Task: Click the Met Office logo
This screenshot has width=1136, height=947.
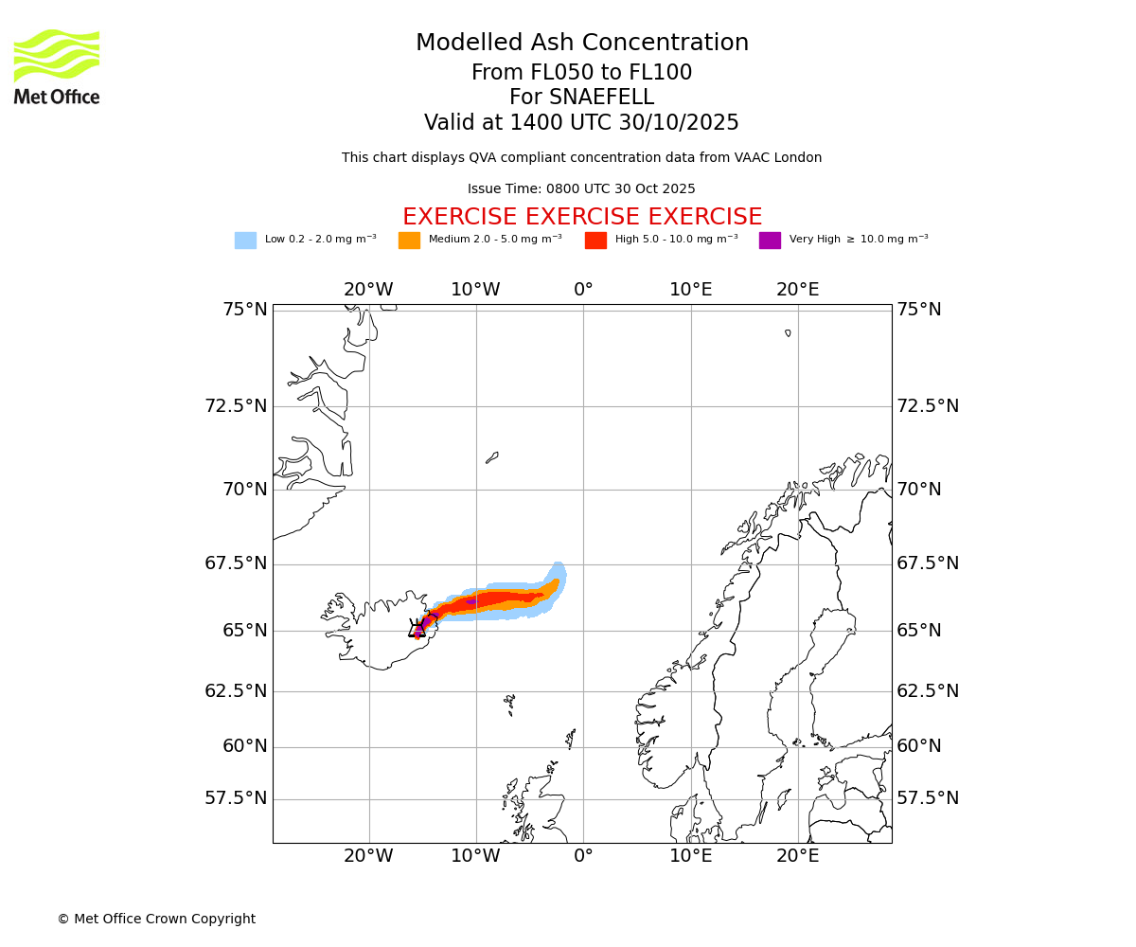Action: pyautogui.click(x=57, y=66)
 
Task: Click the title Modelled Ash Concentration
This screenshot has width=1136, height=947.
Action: pyautogui.click(x=581, y=43)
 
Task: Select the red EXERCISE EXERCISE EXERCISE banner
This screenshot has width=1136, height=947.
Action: pyautogui.click(x=581, y=217)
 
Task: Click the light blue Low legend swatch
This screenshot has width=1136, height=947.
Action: pyautogui.click(x=245, y=241)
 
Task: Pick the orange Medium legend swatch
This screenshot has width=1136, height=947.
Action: pyautogui.click(x=409, y=241)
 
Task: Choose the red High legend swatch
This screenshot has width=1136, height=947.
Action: pyautogui.click(x=595, y=241)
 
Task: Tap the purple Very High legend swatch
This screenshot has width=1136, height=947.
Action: pyautogui.click(x=770, y=241)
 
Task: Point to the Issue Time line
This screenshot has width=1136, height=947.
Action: pyautogui.click(x=581, y=188)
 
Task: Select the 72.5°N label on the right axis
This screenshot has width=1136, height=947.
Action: pyautogui.click(x=928, y=406)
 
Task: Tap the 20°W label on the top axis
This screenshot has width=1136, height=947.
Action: pyautogui.click(x=368, y=290)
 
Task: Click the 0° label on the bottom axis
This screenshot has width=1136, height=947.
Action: pyautogui.click(x=583, y=857)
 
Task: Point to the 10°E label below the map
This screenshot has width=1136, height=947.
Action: pyautogui.click(x=691, y=857)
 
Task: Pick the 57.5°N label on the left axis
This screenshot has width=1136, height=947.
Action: pyautogui.click(x=236, y=798)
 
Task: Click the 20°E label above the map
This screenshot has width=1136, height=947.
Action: pyautogui.click(x=798, y=290)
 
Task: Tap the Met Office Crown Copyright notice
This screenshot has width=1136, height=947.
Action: pyautogui.click(x=156, y=919)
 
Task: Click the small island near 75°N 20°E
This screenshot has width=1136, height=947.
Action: pyautogui.click(x=788, y=332)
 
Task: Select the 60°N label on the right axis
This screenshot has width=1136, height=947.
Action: pyautogui.click(x=919, y=746)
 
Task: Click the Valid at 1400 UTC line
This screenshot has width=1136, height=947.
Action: pyautogui.click(x=581, y=123)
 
